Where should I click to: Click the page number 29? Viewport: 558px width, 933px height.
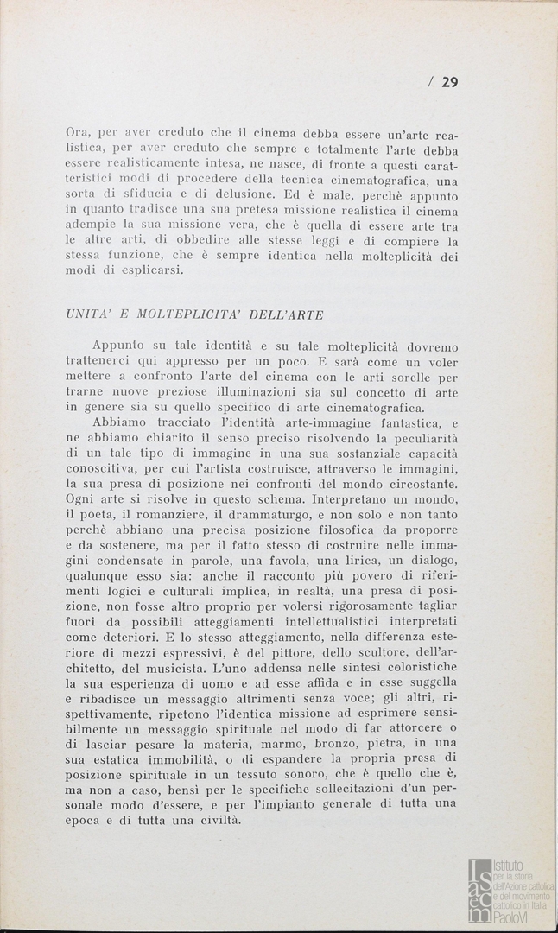pos(449,82)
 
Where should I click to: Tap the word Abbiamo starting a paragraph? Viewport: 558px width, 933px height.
pos(120,424)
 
